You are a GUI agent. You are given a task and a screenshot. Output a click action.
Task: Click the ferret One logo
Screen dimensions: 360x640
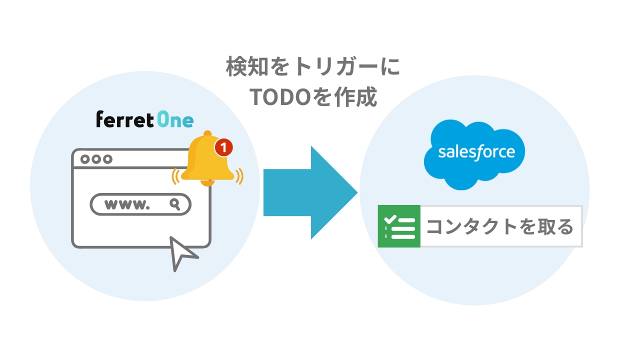(x=144, y=119)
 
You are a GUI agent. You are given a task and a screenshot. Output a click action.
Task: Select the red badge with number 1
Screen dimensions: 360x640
(x=224, y=147)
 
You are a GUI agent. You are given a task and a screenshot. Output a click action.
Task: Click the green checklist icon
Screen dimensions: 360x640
(x=399, y=226)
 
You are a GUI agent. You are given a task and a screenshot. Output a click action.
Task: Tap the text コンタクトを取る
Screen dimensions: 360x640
(x=499, y=226)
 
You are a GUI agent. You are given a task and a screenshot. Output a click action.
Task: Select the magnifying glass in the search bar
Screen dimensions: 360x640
(x=174, y=203)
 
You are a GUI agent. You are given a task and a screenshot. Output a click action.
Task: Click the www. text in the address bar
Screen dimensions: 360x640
(x=127, y=204)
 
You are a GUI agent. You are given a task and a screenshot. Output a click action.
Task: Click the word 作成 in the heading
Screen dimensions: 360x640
(x=358, y=97)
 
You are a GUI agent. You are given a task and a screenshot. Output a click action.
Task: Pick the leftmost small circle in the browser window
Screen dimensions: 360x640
(x=84, y=159)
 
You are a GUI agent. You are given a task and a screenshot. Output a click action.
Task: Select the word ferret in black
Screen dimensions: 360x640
(x=124, y=119)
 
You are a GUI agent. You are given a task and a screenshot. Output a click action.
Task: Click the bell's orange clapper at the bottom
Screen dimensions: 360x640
(x=207, y=183)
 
